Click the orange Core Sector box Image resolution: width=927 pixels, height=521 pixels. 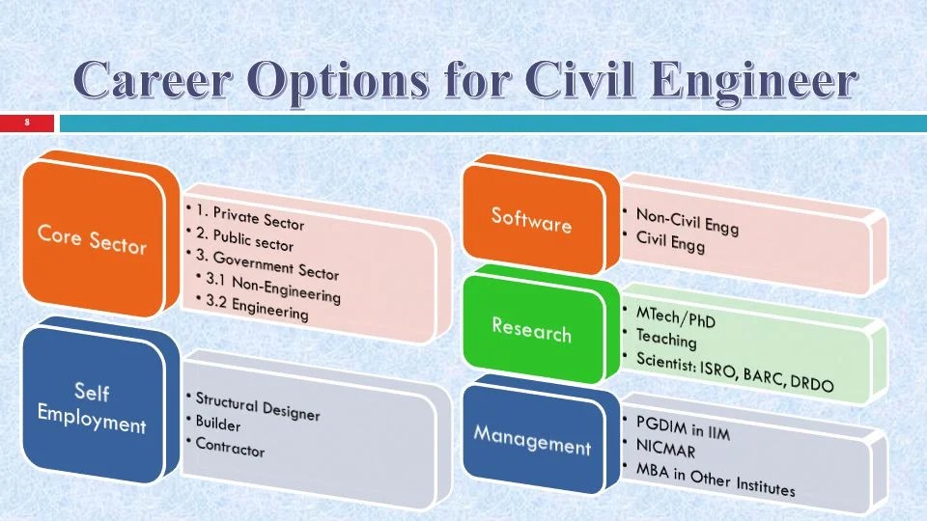click(94, 238)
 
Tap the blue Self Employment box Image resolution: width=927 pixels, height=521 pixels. click(94, 406)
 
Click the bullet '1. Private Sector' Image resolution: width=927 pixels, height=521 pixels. click(249, 217)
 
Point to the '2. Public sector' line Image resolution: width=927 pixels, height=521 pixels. click(244, 238)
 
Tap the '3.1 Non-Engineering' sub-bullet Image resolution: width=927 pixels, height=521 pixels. click(273, 288)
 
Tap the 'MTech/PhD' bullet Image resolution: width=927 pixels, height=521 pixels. click(675, 317)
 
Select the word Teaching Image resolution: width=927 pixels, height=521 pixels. click(666, 338)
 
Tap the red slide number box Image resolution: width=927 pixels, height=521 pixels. click(27, 123)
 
